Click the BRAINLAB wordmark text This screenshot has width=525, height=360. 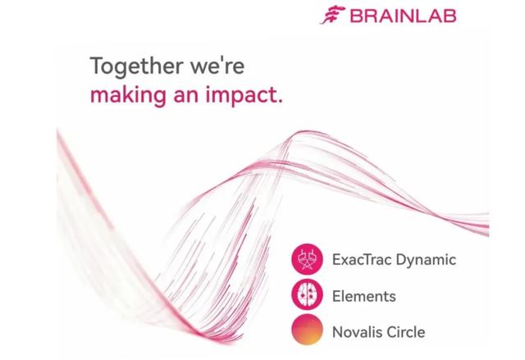[403, 16]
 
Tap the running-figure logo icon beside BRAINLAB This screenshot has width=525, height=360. [332, 15]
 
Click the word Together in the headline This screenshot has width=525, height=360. [137, 66]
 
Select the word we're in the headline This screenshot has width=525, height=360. [217, 66]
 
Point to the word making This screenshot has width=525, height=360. [128, 95]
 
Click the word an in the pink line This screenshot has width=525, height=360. [186, 96]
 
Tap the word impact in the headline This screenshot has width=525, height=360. [240, 96]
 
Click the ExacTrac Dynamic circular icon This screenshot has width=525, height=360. [307, 259]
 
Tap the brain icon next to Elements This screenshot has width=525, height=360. [307, 295]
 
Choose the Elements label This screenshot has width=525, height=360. [364, 296]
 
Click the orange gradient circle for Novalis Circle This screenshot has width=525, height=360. [307, 330]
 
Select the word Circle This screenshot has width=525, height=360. [406, 332]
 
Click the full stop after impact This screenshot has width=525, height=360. [280, 101]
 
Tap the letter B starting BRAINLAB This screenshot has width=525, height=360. [356, 16]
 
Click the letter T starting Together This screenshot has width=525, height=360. [97, 66]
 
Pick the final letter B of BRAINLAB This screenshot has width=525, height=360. [450, 16]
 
